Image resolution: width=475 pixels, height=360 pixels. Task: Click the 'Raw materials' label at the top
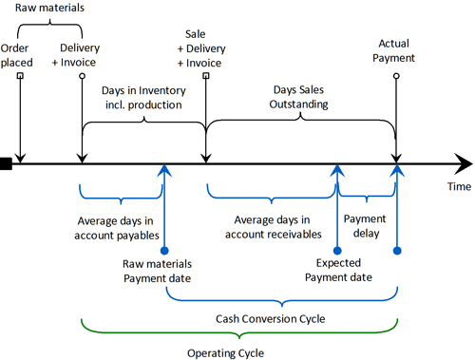coord(47,9)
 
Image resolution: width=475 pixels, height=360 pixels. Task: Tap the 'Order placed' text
coord(18,54)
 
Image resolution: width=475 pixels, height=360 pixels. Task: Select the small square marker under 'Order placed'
coord(19,76)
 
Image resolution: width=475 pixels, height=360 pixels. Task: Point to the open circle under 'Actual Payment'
coord(397,75)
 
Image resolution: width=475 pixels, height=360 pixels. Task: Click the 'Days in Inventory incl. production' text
coord(142,97)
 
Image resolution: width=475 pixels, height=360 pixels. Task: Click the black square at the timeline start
coord(6,165)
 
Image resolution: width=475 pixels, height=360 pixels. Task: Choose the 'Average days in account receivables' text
coord(273,228)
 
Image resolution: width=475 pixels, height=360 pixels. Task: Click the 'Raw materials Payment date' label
coord(157,271)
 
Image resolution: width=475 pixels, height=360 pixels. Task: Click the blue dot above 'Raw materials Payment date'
coord(165,250)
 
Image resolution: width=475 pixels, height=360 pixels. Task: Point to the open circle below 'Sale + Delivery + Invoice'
coord(205,75)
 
